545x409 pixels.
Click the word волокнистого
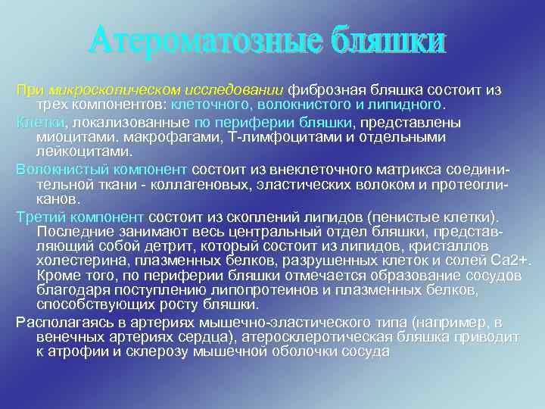(290, 105)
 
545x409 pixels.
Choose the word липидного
(404, 105)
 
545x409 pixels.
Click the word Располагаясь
(59, 322)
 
